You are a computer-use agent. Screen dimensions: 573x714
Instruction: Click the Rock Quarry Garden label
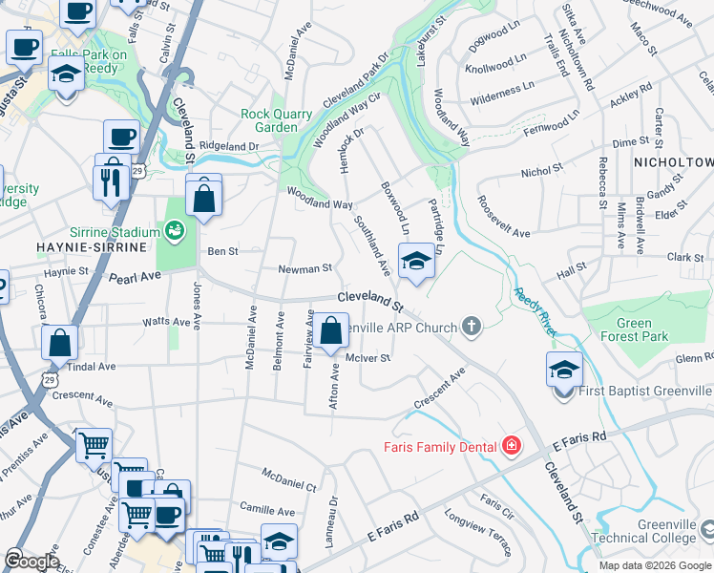(x=276, y=120)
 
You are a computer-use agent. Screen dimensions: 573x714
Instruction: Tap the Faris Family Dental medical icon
(x=512, y=447)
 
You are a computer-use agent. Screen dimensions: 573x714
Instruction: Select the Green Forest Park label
(x=636, y=329)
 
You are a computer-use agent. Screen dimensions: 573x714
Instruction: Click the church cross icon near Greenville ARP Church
(x=470, y=327)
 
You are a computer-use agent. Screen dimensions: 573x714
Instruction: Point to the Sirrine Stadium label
(x=115, y=232)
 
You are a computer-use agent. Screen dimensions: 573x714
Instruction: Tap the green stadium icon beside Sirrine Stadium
(x=174, y=229)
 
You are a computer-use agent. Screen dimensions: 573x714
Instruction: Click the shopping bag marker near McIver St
(x=331, y=333)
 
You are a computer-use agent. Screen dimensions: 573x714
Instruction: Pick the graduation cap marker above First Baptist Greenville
(x=564, y=369)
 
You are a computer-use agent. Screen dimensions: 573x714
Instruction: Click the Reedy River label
(x=531, y=311)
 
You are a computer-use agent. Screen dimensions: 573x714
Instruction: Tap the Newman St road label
(x=304, y=269)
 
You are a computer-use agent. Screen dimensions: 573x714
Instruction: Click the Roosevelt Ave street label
(x=503, y=219)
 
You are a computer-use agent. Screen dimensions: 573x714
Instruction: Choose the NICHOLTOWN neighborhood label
(x=674, y=162)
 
